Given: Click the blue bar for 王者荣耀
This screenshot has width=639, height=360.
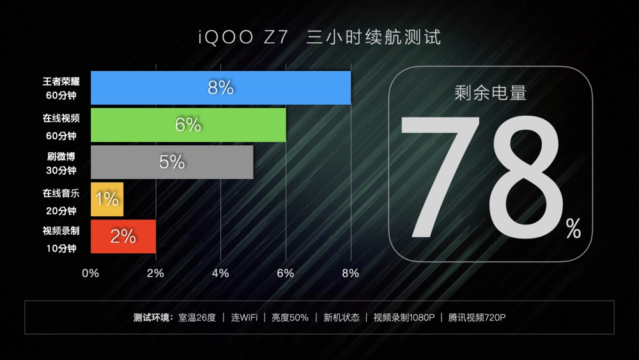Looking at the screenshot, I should pos(220,88).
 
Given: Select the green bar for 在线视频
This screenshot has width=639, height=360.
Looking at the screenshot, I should pos(189,125).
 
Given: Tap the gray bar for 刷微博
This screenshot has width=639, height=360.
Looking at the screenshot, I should pos(172,162).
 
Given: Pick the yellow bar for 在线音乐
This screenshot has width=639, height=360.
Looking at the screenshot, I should pos(107,200).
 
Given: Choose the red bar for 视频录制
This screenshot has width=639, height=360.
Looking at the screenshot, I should pos(123,237).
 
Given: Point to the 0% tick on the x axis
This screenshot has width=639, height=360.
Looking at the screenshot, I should pos(90,273).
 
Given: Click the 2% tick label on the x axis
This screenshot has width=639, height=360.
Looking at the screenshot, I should pos(155,273).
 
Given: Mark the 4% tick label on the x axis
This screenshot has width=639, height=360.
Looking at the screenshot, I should pos(220,273).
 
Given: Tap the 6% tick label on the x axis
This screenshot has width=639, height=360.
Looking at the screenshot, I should pos(286,273).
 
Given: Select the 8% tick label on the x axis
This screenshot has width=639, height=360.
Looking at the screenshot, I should pos(350,273).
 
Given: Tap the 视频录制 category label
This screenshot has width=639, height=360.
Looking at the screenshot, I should pos(61,231).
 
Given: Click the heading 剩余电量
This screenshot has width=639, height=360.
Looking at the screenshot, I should pos(490,93).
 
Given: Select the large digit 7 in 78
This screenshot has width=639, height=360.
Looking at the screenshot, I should pos(440,176).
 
